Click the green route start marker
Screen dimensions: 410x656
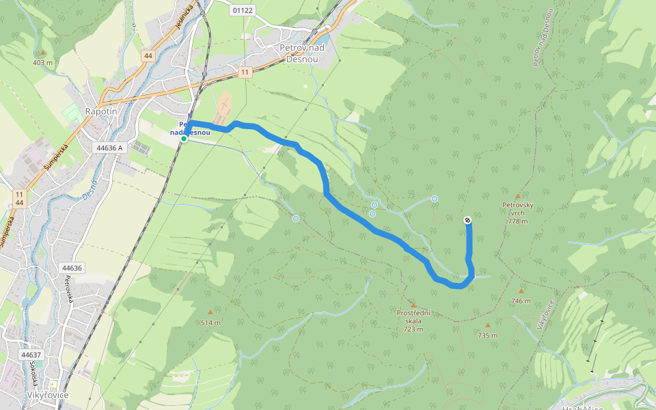[184, 138]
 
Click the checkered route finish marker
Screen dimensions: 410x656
[467, 220]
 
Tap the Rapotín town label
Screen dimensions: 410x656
[102, 111]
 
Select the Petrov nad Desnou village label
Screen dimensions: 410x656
[301, 53]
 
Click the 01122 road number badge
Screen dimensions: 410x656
[243, 10]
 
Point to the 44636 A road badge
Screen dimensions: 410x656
[110, 148]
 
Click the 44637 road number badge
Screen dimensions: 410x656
[31, 355]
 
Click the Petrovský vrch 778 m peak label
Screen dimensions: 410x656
[517, 213]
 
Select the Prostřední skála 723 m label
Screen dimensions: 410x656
[413, 320]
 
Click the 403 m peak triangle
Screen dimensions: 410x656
[42, 53]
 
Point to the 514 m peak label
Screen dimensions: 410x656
[210, 323]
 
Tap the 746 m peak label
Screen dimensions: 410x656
[521, 301]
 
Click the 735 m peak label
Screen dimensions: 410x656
[487, 336]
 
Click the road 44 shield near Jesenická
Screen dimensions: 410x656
[148, 55]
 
